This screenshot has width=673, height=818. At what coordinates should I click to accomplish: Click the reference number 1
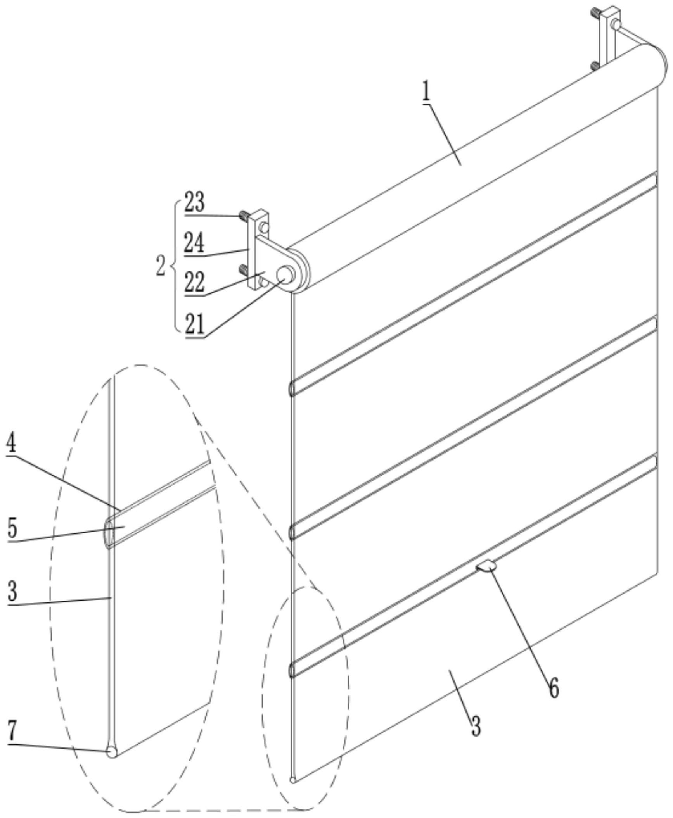[x=426, y=92]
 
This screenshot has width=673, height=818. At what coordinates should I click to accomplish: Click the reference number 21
[x=194, y=325]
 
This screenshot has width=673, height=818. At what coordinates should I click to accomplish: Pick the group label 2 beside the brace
[x=161, y=266]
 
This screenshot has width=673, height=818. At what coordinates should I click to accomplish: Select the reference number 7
[x=12, y=732]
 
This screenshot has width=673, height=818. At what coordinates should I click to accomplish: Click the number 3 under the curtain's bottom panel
[x=476, y=725]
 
